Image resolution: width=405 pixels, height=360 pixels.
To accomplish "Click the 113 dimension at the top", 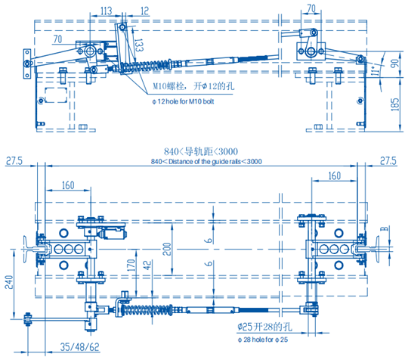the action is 106,11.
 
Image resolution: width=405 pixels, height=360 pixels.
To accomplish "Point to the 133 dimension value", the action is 139,45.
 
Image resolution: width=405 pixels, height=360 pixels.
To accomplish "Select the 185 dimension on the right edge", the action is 395,104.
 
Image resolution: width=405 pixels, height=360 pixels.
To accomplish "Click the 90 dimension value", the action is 395,64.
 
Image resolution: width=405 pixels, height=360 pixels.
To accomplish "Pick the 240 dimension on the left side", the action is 9,282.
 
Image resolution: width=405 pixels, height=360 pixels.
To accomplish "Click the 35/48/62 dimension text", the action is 80,347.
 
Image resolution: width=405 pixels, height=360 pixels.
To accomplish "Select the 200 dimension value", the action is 167,249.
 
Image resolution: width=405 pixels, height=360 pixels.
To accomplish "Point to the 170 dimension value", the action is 131,265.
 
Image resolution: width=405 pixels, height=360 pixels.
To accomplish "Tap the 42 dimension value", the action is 147,265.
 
